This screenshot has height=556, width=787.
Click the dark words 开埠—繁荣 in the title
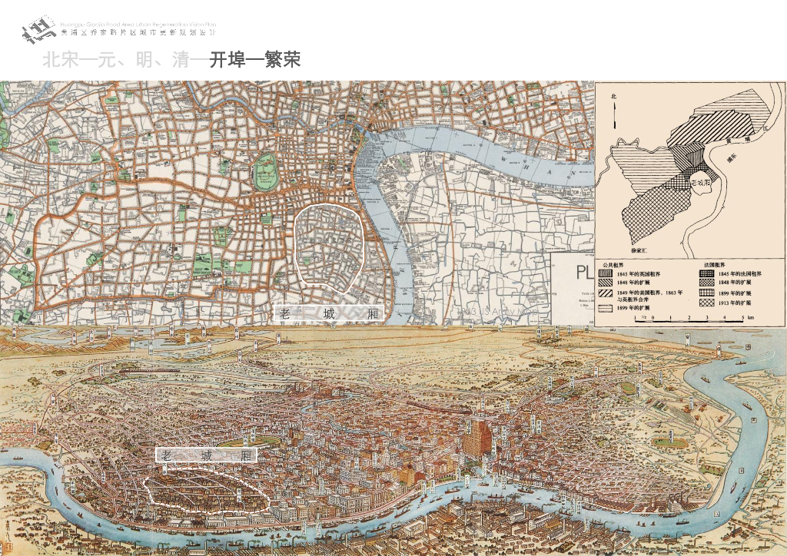[254, 60]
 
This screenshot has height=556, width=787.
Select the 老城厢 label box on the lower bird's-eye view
[206, 455]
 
